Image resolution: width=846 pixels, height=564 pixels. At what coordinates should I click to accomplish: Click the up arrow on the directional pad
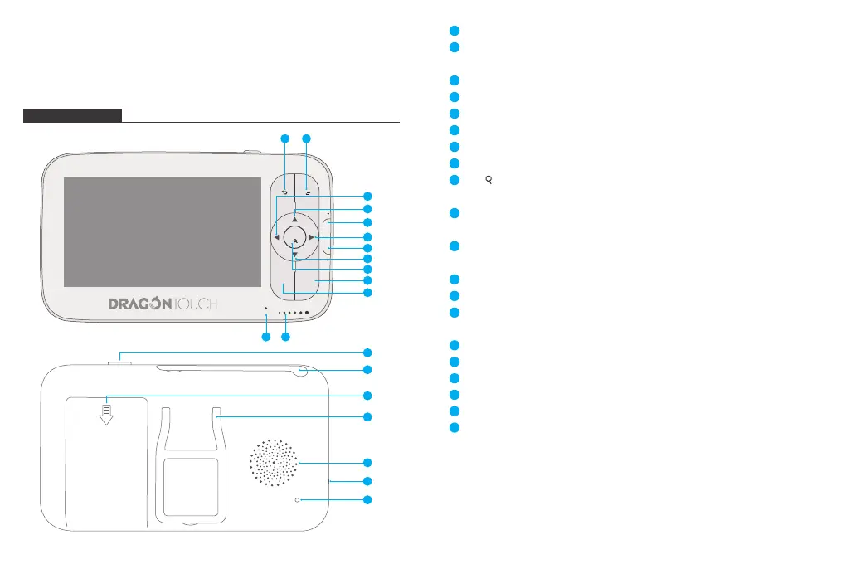tap(294, 218)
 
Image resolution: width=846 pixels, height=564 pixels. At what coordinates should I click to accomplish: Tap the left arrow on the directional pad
tap(276, 237)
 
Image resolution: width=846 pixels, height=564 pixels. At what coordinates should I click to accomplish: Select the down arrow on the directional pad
tap(294, 256)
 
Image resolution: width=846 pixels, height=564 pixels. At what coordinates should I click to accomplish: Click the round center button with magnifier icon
tap(294, 237)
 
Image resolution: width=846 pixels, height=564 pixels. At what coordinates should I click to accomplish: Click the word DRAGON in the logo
tap(140, 304)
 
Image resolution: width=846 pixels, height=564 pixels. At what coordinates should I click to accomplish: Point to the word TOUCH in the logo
tap(195, 304)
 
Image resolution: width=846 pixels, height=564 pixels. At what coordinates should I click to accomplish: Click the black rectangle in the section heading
tap(72, 114)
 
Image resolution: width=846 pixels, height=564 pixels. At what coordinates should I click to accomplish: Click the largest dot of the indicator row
tap(307, 313)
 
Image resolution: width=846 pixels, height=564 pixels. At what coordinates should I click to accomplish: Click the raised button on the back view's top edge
tap(119, 357)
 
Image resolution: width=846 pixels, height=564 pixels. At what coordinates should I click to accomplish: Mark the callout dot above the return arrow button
tap(284, 137)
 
